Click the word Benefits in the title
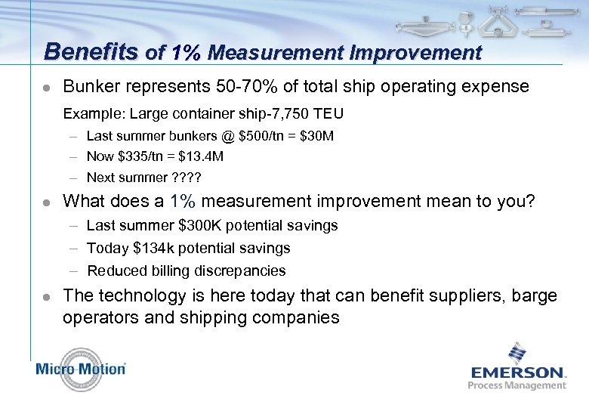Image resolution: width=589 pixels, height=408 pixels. tap(91, 51)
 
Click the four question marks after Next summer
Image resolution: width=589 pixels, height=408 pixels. tap(190, 178)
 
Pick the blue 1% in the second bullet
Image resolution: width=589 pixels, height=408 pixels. tap(183, 202)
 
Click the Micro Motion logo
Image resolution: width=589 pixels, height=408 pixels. tap(81, 369)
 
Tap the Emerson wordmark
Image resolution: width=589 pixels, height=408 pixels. tap(517, 372)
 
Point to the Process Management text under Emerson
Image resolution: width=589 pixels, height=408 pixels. tap(517, 385)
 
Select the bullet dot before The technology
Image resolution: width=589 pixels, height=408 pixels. tap(47, 296)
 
